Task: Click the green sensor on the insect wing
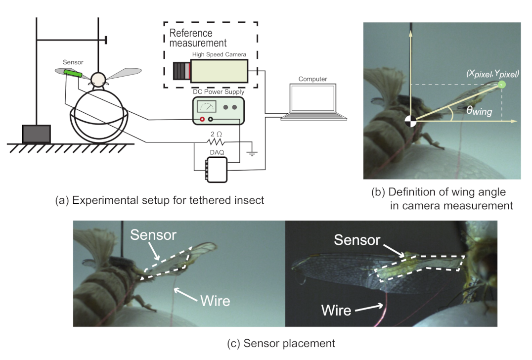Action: click(x=73, y=74)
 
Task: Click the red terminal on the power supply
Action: click(x=202, y=119)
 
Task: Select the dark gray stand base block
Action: click(x=37, y=134)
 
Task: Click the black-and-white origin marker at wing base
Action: click(x=410, y=121)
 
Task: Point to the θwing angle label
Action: click(x=479, y=111)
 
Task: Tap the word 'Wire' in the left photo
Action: click(x=215, y=300)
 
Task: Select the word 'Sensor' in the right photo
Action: click(x=356, y=240)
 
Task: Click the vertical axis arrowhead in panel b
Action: click(x=410, y=32)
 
